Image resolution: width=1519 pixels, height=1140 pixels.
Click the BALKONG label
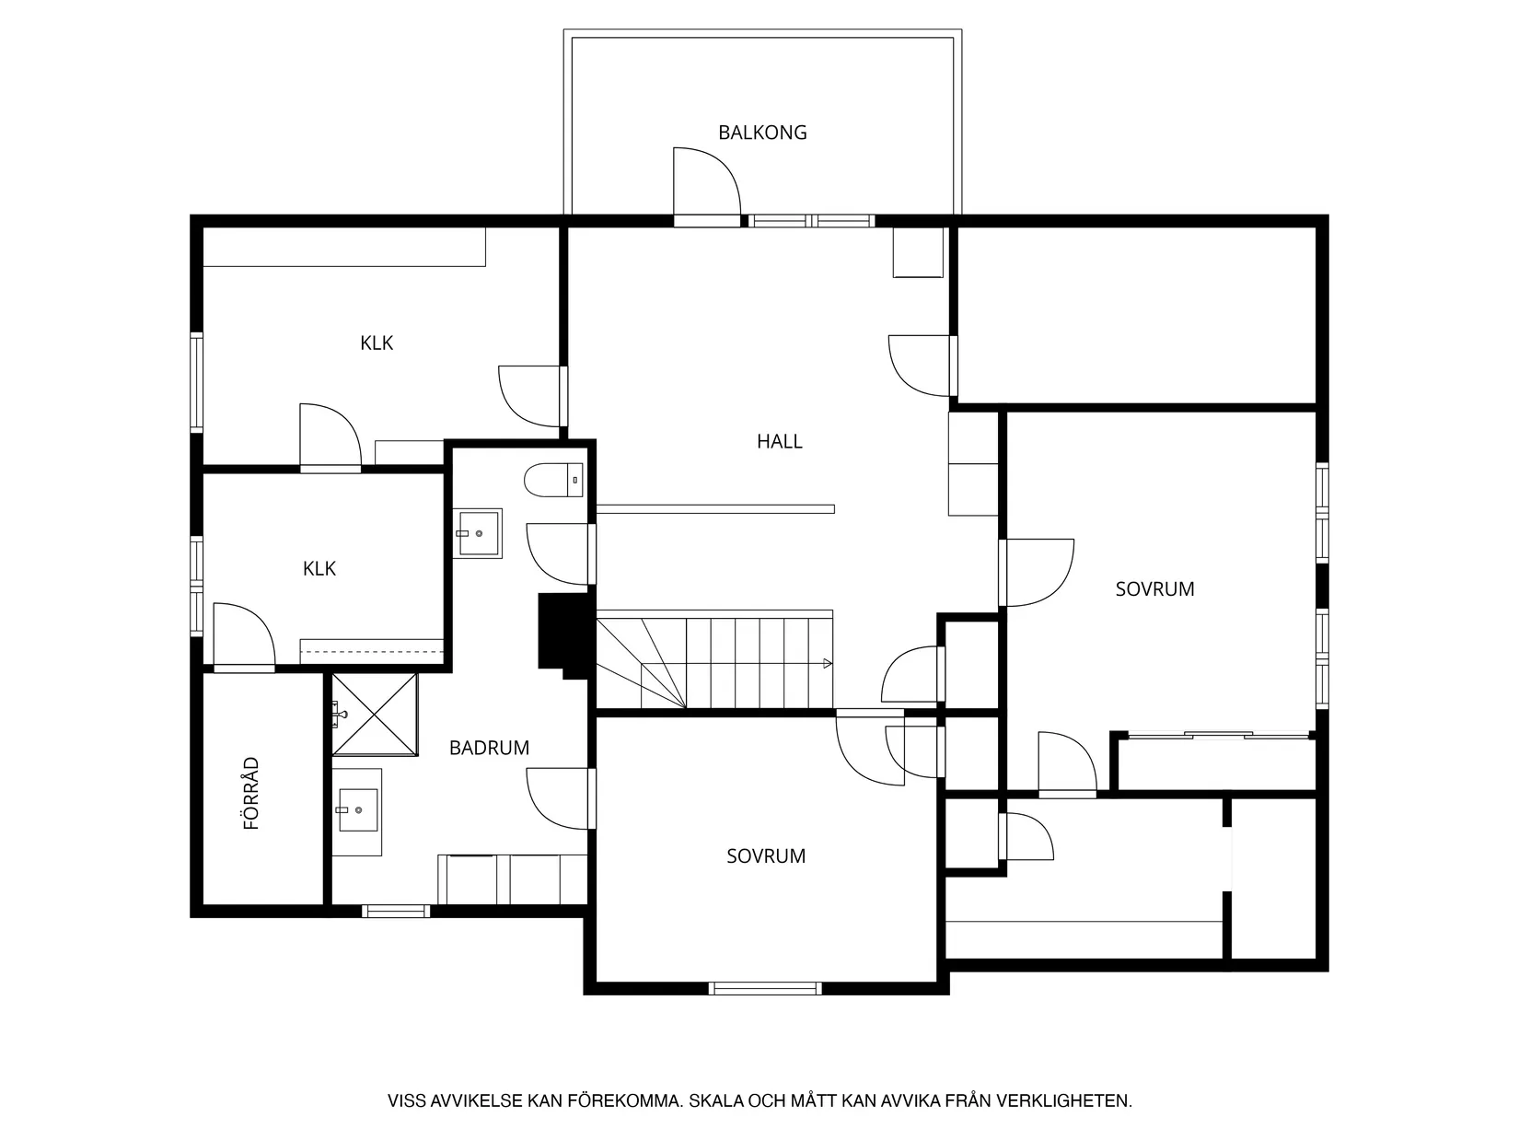click(762, 133)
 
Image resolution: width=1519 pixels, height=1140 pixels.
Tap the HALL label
click(779, 441)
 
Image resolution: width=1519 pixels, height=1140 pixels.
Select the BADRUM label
click(489, 748)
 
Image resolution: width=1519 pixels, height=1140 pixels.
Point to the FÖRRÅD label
click(250, 793)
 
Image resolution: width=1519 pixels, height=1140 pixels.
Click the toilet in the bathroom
click(553, 480)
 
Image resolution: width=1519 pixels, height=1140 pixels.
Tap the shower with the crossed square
click(375, 715)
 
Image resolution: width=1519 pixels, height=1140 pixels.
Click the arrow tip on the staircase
click(830, 664)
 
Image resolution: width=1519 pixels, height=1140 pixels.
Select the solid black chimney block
click(564, 634)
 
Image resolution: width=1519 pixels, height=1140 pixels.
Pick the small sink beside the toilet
click(478, 533)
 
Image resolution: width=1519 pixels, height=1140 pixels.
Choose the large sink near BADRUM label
click(357, 811)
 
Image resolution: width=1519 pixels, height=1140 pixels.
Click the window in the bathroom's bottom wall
click(396, 911)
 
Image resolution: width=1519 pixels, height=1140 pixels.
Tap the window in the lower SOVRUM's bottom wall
click(765, 988)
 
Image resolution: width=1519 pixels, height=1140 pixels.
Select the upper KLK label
click(377, 343)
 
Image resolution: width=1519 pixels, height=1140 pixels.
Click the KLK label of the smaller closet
click(319, 568)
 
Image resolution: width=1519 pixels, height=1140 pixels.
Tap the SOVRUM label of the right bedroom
click(1154, 589)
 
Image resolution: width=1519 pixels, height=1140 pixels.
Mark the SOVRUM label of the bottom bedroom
click(765, 856)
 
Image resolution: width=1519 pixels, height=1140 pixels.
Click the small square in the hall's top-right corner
click(918, 252)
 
